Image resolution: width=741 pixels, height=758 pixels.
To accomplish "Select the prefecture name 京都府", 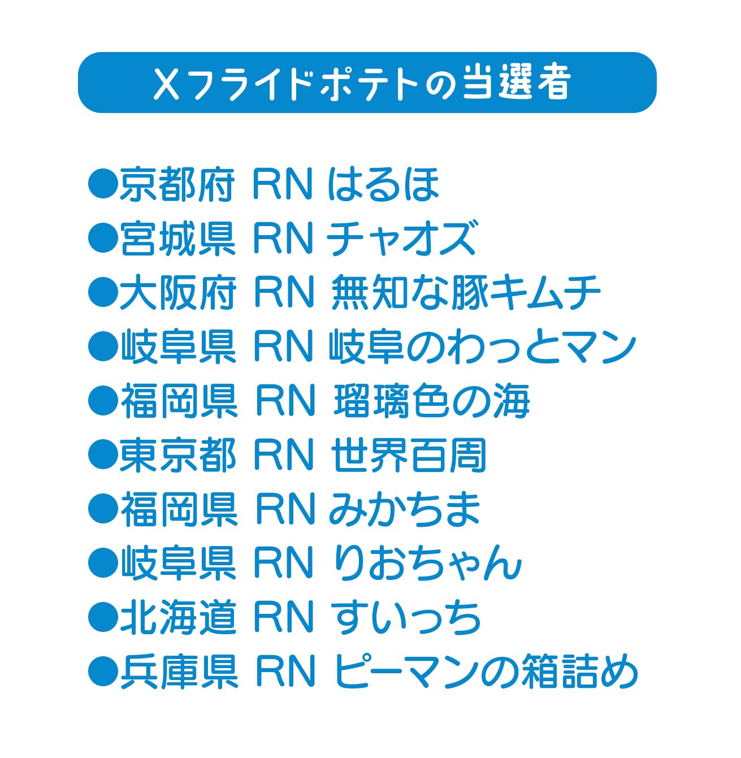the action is point(177,185).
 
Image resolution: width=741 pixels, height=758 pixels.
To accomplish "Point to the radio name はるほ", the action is point(384,185).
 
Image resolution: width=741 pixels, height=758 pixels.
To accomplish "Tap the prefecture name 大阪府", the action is point(177,293).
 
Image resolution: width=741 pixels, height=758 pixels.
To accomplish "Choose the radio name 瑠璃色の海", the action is point(432,401).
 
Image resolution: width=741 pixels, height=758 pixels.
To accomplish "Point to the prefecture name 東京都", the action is point(177,456).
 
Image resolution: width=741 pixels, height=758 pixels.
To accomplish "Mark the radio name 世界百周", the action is point(409,456).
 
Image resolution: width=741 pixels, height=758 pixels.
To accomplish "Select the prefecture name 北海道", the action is point(177,618).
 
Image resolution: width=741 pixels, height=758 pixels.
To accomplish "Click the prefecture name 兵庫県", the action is point(177,672).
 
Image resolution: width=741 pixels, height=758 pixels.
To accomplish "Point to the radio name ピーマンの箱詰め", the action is point(486,672).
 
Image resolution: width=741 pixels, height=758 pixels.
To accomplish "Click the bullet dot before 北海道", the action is point(102,618).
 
